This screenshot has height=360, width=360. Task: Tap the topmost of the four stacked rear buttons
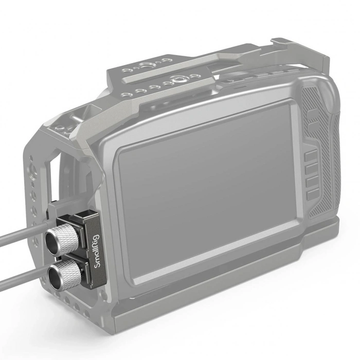[x=312, y=156]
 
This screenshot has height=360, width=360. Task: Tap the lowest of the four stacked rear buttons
[x=313, y=194]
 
